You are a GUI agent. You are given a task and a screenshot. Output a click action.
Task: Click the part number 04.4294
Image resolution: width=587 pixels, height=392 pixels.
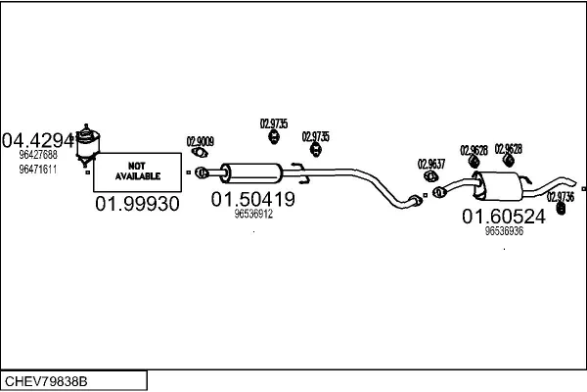pos(38,139)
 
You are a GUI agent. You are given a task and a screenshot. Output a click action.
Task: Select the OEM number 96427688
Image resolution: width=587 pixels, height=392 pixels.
pos(38,155)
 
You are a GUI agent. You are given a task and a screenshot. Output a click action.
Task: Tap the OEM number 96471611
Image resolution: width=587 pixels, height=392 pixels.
pos(38,170)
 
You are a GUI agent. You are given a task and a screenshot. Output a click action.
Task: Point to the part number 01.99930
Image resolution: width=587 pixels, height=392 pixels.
pos(137,204)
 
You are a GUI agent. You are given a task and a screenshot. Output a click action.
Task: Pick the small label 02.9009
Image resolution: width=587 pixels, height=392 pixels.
pos(200,141)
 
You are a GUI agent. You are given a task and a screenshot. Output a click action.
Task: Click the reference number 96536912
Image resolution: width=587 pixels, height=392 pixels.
pos(253,215)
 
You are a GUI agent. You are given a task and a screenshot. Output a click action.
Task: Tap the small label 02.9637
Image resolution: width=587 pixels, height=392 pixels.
pos(431,164)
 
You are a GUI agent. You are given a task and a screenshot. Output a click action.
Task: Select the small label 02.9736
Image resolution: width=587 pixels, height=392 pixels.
pos(560,196)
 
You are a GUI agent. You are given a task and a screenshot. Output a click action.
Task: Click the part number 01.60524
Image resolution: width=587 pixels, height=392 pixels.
pos(504,217)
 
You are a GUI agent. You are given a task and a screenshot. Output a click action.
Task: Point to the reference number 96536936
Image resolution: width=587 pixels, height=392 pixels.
pos(504,231)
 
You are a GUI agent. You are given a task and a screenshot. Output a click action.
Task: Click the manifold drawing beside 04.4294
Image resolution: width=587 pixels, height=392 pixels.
pos(91,144)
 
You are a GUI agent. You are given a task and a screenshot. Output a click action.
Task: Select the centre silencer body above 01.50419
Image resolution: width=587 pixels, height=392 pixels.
pos(251,172)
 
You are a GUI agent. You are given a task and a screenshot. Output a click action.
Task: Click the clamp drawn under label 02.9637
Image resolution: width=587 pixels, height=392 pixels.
pos(430,176)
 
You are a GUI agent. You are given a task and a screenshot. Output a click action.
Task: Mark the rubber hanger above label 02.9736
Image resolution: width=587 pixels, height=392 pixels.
pos(560,208)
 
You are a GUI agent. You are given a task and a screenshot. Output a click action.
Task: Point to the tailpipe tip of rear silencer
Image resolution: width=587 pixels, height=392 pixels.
pos(575,182)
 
